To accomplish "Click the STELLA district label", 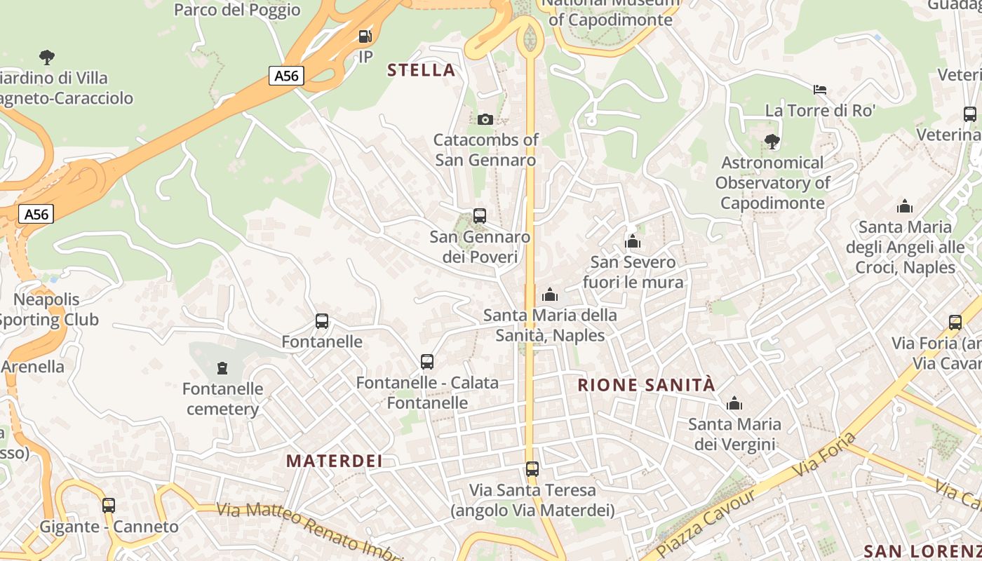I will (x=421, y=70).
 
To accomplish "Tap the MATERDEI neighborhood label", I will (x=335, y=461).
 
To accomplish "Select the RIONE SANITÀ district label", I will (x=646, y=385).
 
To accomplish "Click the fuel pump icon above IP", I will (x=365, y=36).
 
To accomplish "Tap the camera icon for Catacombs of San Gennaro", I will (x=485, y=119).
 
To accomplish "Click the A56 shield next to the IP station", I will (x=286, y=76).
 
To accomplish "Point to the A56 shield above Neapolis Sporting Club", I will (x=36, y=214).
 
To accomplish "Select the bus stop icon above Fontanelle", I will (x=322, y=321).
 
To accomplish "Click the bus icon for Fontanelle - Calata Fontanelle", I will (x=427, y=362).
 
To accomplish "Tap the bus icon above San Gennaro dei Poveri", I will (x=480, y=216).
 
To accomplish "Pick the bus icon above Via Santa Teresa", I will (x=532, y=468).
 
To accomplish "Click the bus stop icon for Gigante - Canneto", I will (x=109, y=505).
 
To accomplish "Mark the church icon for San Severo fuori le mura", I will (x=633, y=242).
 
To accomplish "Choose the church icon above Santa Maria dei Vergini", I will (x=734, y=403).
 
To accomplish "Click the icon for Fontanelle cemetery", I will (x=222, y=367).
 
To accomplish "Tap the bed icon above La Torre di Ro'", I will (x=819, y=89).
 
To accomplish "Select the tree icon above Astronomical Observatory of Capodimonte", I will (x=772, y=142).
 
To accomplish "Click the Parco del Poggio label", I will (x=237, y=10).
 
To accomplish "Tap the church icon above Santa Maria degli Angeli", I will (x=905, y=206).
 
